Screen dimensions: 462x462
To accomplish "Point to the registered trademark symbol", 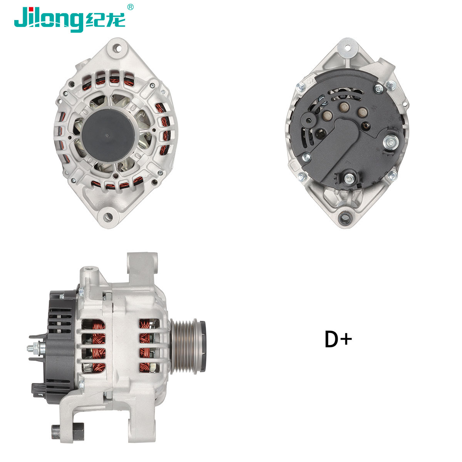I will (131, 7).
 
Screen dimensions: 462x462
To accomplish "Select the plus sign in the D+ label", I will (346, 339).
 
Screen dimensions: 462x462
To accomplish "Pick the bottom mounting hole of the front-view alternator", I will (107, 216).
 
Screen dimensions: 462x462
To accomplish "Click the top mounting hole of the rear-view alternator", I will (349, 49).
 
